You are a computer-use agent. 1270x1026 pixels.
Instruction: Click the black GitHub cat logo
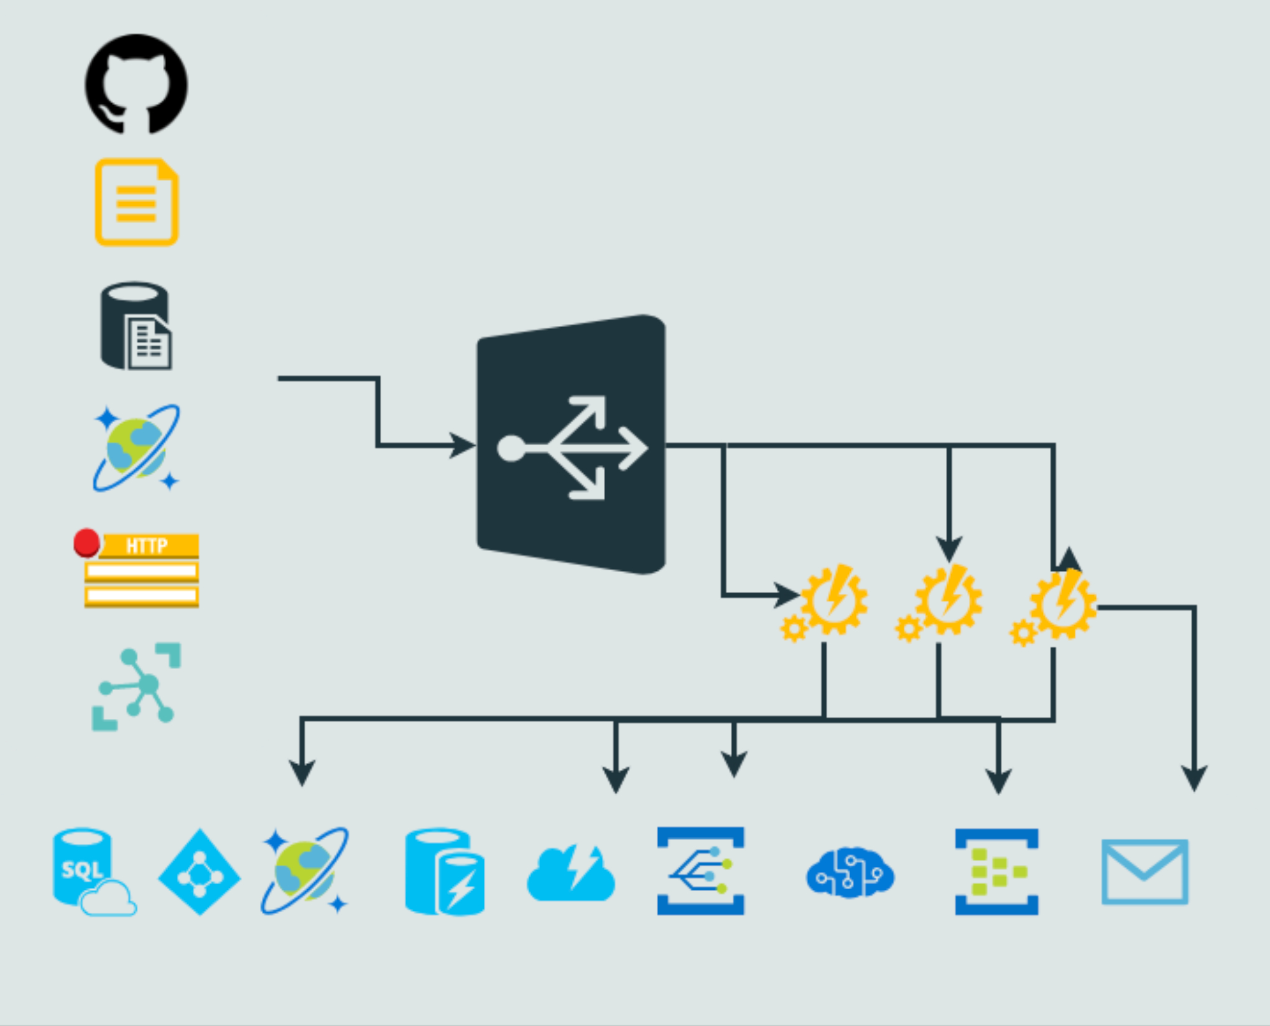point(136,84)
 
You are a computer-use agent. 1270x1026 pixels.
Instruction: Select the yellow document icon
point(137,202)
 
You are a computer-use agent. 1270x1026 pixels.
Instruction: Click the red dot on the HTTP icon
point(86,542)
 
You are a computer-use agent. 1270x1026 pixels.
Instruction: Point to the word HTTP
point(147,545)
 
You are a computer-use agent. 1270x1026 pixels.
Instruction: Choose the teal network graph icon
point(137,686)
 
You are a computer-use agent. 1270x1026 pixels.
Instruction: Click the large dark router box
point(571,445)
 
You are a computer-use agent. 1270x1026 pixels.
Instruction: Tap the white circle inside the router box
point(511,448)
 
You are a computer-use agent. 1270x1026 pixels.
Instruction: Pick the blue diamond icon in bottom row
point(200,872)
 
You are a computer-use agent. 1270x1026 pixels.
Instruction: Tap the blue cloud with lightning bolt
point(571,873)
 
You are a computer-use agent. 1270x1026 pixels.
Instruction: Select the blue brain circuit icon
point(850,873)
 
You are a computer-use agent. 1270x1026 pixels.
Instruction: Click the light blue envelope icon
point(1145,872)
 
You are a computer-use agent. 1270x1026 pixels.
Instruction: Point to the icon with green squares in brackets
point(997,872)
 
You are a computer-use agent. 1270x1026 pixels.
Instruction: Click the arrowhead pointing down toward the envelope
point(1194,779)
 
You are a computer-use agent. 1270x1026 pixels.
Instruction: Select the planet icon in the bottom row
point(305,871)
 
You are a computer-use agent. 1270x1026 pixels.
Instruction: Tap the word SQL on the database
point(81,869)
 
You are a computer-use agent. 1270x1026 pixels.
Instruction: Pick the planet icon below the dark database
point(136,448)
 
